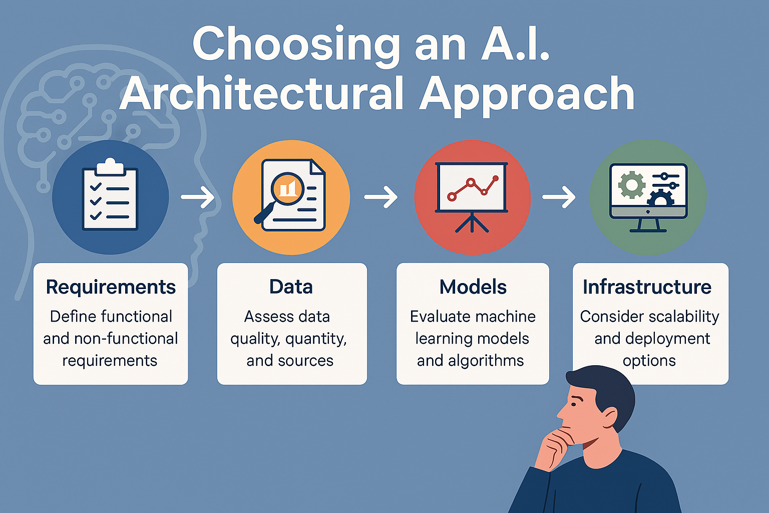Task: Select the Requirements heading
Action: point(111,287)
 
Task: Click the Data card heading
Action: point(291,287)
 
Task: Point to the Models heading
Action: point(473,287)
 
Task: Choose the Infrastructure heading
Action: point(647,287)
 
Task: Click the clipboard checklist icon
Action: point(110,194)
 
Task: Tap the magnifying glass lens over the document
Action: point(287,188)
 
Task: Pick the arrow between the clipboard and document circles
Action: point(198,197)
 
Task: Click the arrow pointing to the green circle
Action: point(559,197)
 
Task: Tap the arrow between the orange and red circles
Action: point(381,197)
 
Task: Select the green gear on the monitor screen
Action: point(632,185)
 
